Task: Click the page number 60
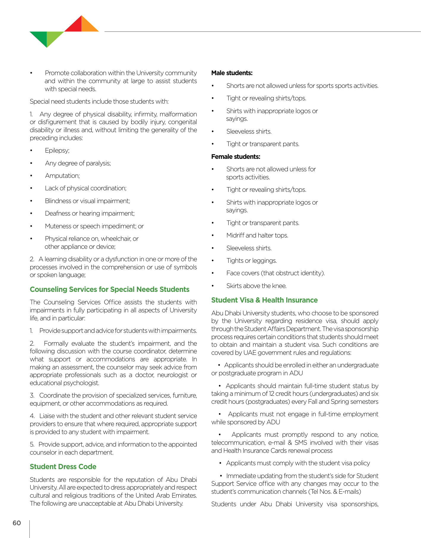[17, 523]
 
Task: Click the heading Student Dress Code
[63, 466]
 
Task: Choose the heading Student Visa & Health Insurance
[264, 300]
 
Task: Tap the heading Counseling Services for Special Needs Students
[110, 289]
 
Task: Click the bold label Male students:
[232, 73]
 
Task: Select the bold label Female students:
[236, 157]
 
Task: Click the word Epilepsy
[57, 151]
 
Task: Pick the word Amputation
[62, 176]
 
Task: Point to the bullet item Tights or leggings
[251, 261]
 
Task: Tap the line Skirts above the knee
[256, 286]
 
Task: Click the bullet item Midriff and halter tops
[257, 235]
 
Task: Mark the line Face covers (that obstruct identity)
[275, 273]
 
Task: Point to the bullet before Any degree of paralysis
[31, 163]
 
